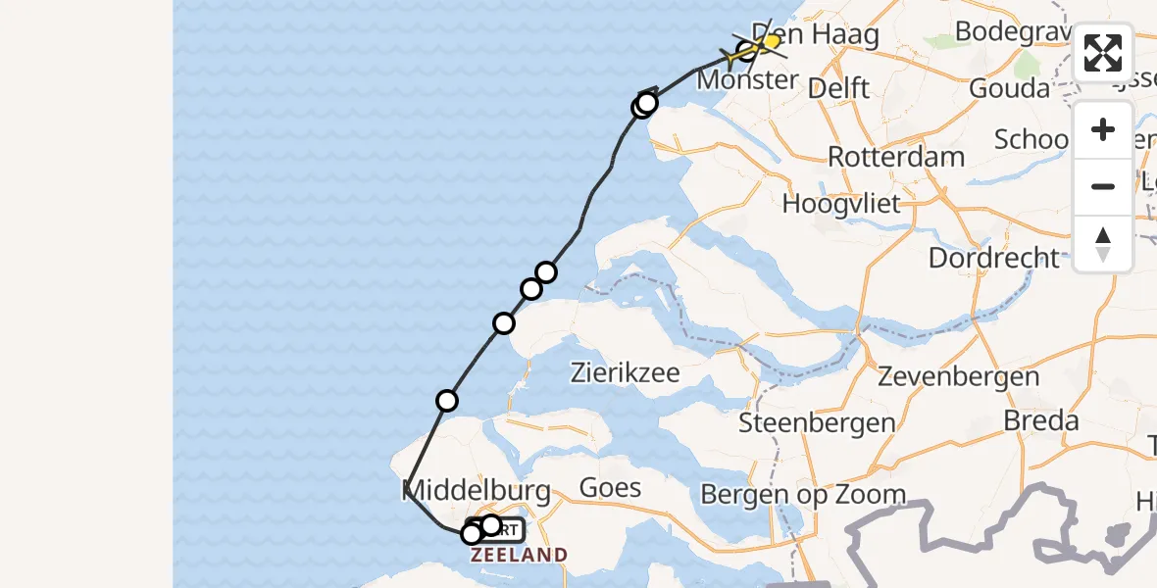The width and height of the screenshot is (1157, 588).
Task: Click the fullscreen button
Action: [1103, 53]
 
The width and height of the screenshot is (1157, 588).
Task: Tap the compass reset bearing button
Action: [1103, 243]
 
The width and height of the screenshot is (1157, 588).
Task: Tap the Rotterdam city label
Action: [895, 157]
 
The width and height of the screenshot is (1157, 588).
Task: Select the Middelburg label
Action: [476, 491]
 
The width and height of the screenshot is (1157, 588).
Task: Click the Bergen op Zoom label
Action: [803, 495]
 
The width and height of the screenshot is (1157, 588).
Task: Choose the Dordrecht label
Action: [993, 259]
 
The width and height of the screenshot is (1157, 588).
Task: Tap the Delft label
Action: [838, 89]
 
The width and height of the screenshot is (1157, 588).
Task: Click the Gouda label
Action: [1008, 89]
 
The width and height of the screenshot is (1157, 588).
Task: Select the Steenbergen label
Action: [817, 423]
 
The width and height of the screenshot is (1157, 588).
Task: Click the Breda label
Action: [1040, 421]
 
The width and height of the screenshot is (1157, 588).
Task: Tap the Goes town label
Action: [610, 487]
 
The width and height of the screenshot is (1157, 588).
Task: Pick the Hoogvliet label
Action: [841, 204]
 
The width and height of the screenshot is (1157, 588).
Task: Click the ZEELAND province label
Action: [519, 556]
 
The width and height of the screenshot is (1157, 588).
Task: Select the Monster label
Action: [747, 79]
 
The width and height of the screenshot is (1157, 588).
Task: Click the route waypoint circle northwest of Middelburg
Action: [447, 400]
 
